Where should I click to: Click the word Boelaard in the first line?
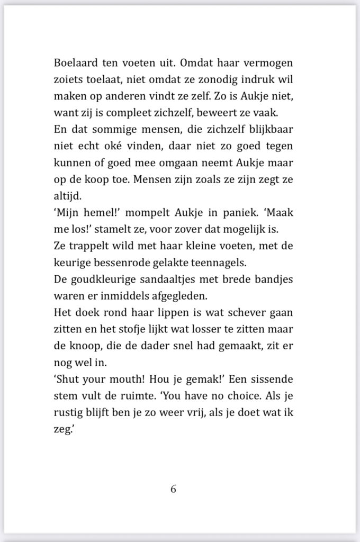click(x=74, y=63)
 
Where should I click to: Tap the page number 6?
click(x=173, y=489)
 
